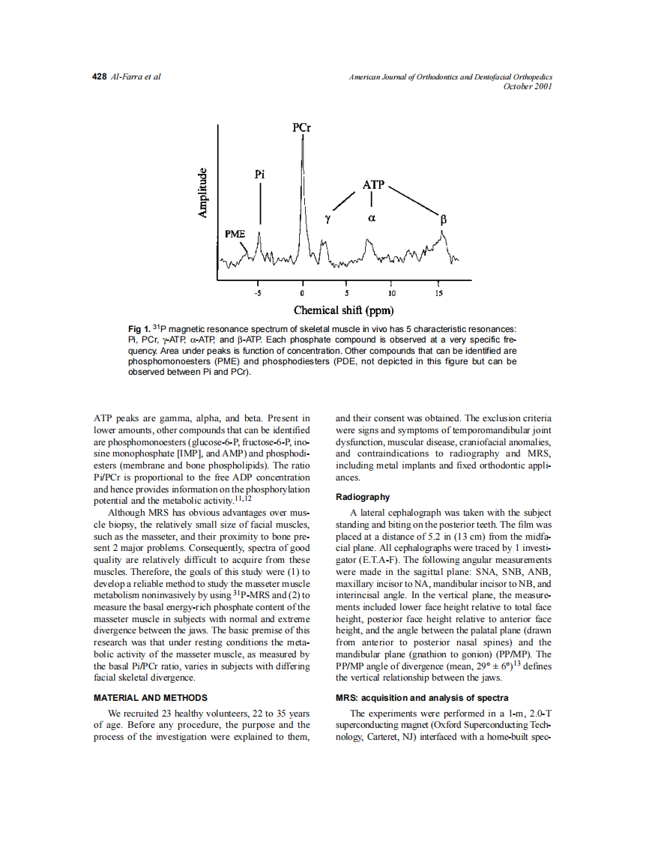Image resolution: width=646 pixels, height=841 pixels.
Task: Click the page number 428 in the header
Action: pos(100,76)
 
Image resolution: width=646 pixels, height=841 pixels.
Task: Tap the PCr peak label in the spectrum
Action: pos(302,127)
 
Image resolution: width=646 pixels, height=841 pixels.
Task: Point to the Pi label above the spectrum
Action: pos(259,174)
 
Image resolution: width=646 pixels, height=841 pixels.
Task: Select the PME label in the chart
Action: pos(235,234)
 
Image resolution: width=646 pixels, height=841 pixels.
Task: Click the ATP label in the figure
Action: pos(373,184)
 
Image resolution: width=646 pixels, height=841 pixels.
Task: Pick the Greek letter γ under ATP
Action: pos(327,219)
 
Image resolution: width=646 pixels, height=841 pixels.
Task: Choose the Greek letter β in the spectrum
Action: pos(443,220)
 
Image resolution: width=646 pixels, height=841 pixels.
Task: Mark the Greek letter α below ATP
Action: pos(372,219)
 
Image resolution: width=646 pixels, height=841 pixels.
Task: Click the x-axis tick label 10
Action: pos(392,293)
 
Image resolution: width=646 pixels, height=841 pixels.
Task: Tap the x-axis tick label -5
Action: pos(257,293)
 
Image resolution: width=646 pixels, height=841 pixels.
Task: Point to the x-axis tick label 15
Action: pos(438,293)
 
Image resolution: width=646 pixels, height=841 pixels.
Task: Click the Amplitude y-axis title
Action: pos(202,193)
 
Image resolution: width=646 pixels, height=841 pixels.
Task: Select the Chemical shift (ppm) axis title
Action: pos(344,310)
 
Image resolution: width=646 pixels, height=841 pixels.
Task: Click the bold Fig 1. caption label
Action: pos(139,330)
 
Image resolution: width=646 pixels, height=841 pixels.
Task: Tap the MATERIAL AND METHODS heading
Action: pos(150,698)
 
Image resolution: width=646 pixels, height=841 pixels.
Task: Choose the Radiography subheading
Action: pos(363,497)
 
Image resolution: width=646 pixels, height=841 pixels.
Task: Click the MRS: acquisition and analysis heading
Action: pos(422,698)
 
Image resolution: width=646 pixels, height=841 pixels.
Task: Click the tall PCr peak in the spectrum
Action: pos(303,195)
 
